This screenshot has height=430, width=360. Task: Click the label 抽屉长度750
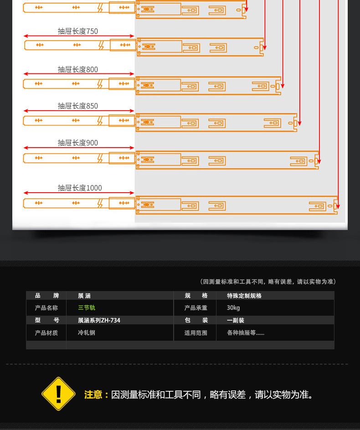tap(77, 31)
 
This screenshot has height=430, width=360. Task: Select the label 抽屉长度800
tap(77, 69)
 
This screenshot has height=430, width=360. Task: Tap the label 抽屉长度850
tap(77, 106)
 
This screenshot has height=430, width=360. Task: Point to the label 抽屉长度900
tap(77, 143)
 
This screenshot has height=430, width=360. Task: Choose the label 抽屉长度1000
tap(80, 188)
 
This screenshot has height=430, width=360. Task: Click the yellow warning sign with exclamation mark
tap(58, 394)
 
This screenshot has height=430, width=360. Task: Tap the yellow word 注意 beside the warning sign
tap(93, 394)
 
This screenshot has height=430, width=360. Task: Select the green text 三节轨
tap(87, 308)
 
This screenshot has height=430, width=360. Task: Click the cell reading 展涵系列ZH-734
tap(99, 320)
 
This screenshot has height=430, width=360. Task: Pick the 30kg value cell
tap(233, 308)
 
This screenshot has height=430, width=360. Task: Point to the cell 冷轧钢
tap(87, 333)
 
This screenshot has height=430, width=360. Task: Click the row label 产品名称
tap(46, 308)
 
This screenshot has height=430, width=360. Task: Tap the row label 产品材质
tap(46, 333)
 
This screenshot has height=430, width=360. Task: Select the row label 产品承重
tap(196, 308)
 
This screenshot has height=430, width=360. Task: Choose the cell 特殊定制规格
tap(244, 296)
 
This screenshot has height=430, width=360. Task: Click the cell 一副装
tap(236, 320)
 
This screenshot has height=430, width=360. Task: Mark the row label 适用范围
tap(196, 333)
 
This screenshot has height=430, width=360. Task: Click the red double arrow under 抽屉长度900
tap(79, 148)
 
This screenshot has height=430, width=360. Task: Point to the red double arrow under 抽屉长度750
tap(79, 36)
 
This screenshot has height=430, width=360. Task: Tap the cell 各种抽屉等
tap(246, 333)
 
